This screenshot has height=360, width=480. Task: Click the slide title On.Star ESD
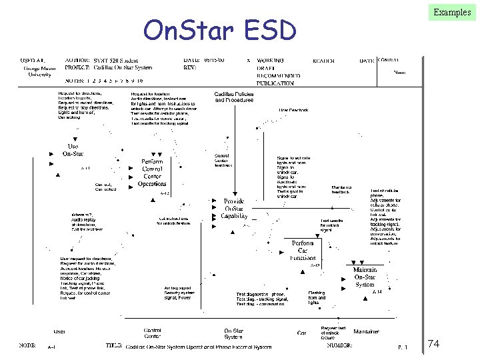click(219, 30)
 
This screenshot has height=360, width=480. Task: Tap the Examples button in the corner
click(451, 12)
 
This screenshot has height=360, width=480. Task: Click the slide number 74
click(433, 344)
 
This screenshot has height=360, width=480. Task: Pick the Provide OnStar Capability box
click(234, 208)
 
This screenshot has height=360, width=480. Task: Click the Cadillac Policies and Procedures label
click(234, 97)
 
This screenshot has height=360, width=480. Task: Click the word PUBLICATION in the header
click(276, 83)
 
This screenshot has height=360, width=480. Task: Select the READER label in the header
click(323, 61)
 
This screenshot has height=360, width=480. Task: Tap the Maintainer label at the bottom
click(366, 331)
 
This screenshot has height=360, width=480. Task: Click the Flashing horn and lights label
click(317, 296)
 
